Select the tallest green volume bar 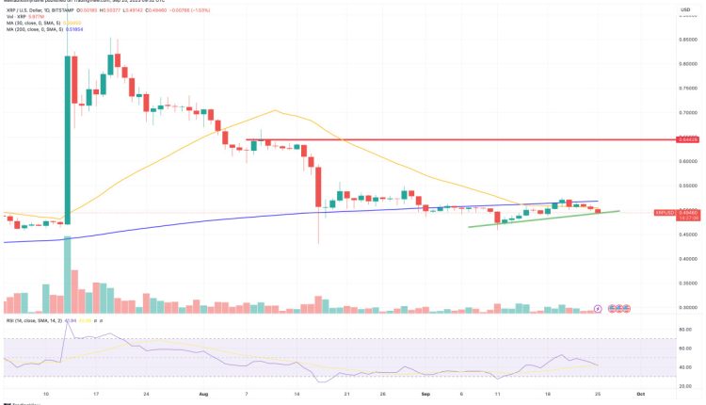coord(69,273)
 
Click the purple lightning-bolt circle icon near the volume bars coord(599,307)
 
